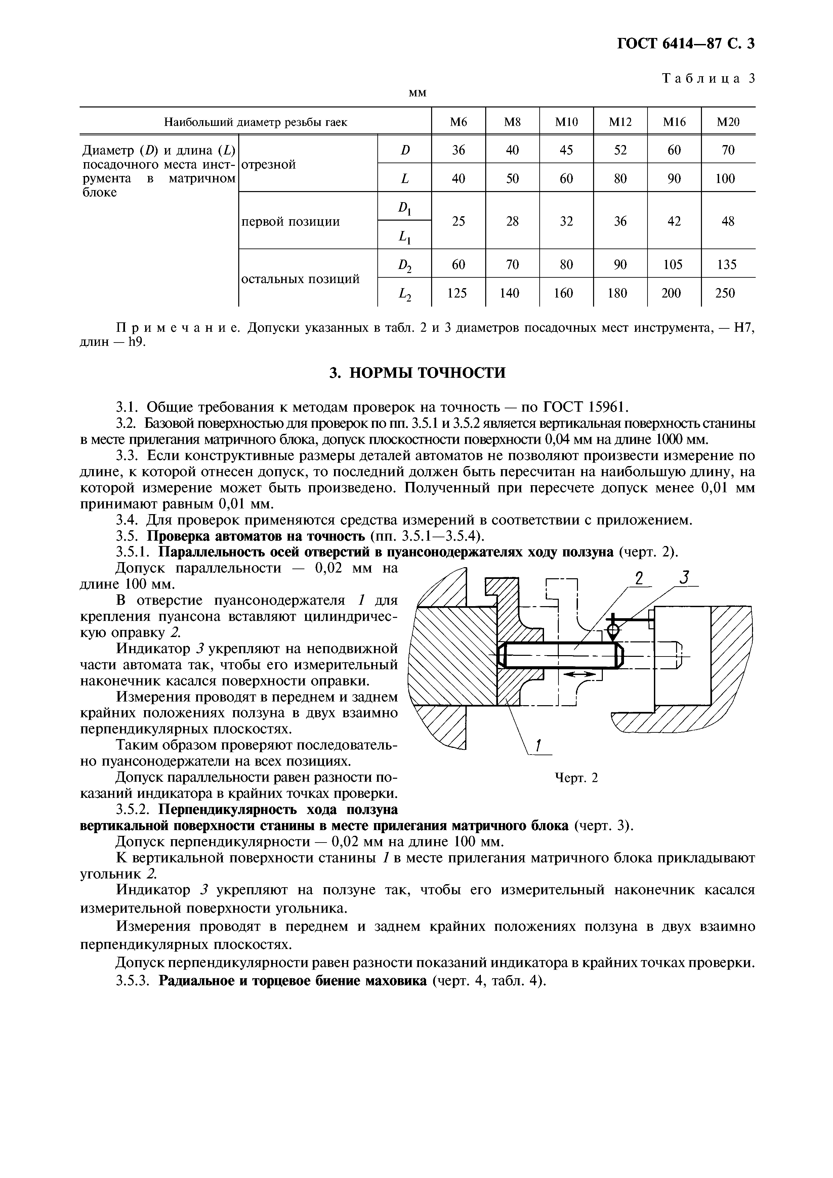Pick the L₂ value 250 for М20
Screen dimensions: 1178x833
[x=725, y=293]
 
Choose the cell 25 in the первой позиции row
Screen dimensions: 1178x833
[x=458, y=221]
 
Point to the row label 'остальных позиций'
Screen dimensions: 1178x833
[x=300, y=279]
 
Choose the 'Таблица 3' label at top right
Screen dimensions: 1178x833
[x=709, y=79]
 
